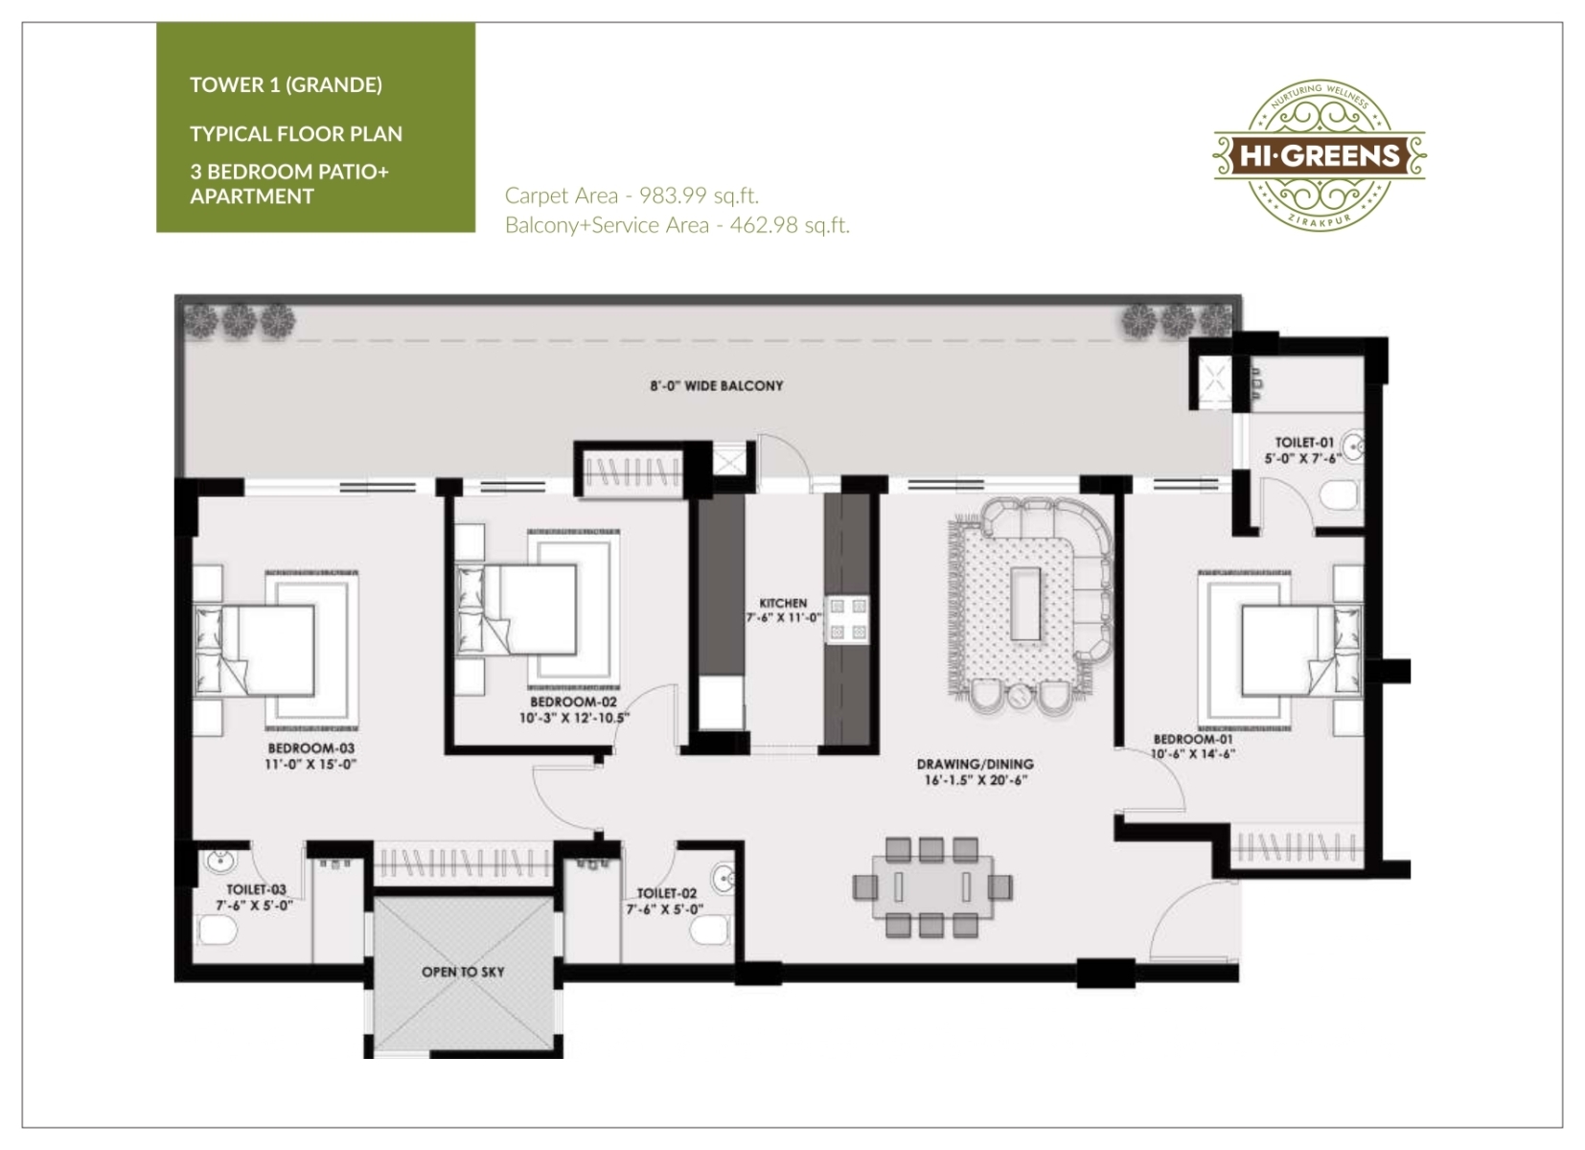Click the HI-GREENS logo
point(1319,155)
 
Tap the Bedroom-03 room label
point(311,748)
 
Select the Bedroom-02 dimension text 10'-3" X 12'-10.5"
point(575,718)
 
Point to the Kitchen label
point(783,603)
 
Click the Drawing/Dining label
point(976,765)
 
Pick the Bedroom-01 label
point(1193,739)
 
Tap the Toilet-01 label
point(1304,443)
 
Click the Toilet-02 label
point(667,893)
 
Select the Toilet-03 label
point(256,889)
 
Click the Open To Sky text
point(463,972)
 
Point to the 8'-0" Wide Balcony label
point(717,385)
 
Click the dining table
point(932,887)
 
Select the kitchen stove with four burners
point(848,618)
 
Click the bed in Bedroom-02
point(517,609)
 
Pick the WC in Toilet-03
point(218,930)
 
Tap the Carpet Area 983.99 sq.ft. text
point(632,195)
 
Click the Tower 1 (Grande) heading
point(286,85)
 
